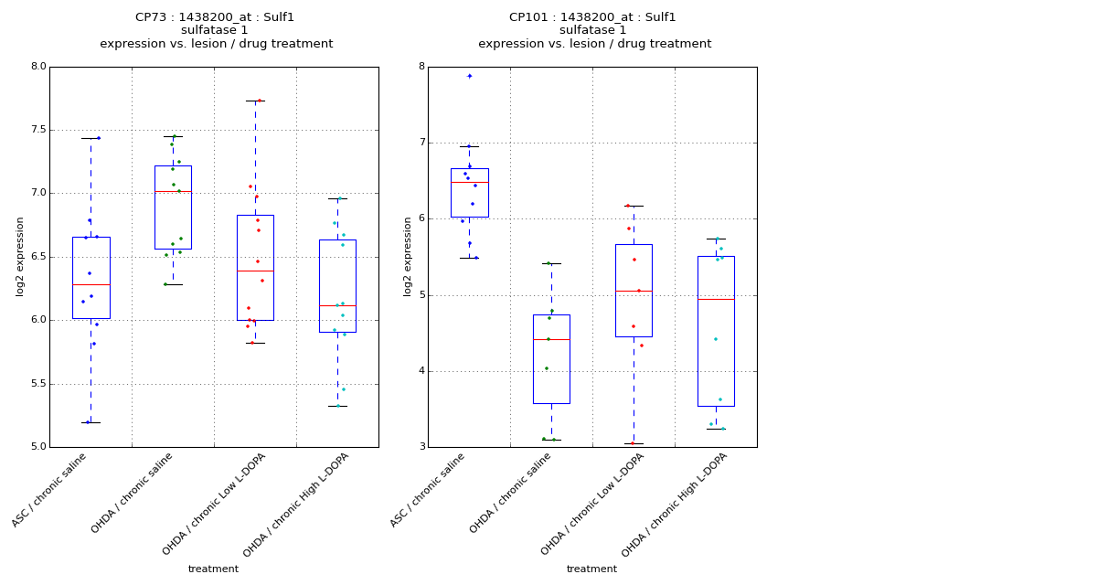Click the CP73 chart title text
pyautogui.click(x=215, y=17)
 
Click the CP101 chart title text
pyautogui.click(x=592, y=17)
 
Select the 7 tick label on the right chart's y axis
pyautogui.click(x=421, y=143)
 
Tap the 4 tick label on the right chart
pyautogui.click(x=421, y=371)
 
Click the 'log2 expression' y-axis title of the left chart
pyautogui.click(x=20, y=257)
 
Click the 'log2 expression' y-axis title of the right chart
pyautogui.click(x=408, y=257)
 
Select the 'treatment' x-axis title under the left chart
pyautogui.click(x=213, y=569)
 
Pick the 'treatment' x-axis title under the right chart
pyautogui.click(x=591, y=569)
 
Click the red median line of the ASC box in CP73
pyautogui.click(x=91, y=285)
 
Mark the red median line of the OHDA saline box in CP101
pyautogui.click(x=551, y=340)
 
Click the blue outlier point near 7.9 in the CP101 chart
pyautogui.click(x=470, y=76)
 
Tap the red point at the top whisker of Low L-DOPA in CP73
pyautogui.click(x=260, y=101)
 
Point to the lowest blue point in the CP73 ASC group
pyautogui.click(x=88, y=422)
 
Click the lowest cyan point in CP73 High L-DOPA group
pyautogui.click(x=338, y=406)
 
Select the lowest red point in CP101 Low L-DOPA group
pyautogui.click(x=632, y=443)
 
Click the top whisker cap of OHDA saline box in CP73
pyautogui.click(x=173, y=137)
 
